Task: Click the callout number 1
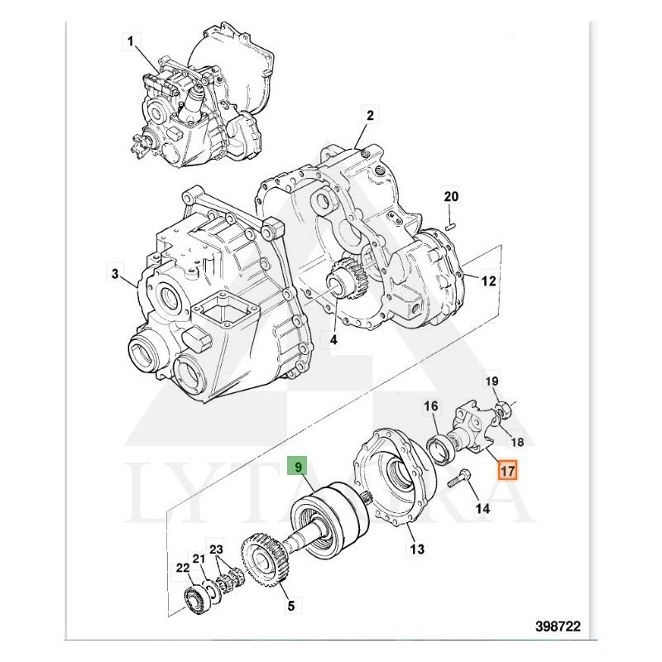point(132,41)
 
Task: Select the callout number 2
point(371,115)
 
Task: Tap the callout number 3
point(115,274)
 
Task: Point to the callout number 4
point(333,339)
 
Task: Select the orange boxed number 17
point(506,471)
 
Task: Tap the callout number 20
point(450,197)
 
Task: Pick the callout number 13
point(416,548)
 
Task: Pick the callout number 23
point(217,550)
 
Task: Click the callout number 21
point(199,559)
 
